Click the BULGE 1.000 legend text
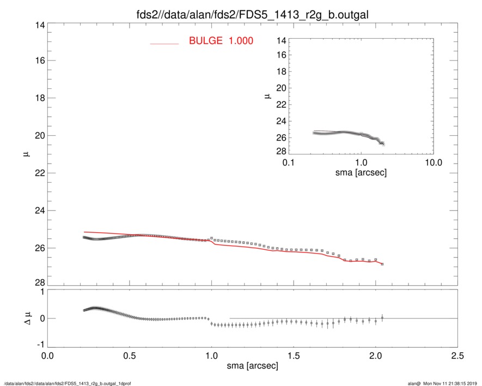click(221, 40)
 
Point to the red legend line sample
click(164, 44)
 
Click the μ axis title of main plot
click(25, 155)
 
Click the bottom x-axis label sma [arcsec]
click(252, 366)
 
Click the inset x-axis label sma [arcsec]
click(361, 173)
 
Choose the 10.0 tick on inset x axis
click(433, 163)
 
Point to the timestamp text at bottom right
click(442, 383)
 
